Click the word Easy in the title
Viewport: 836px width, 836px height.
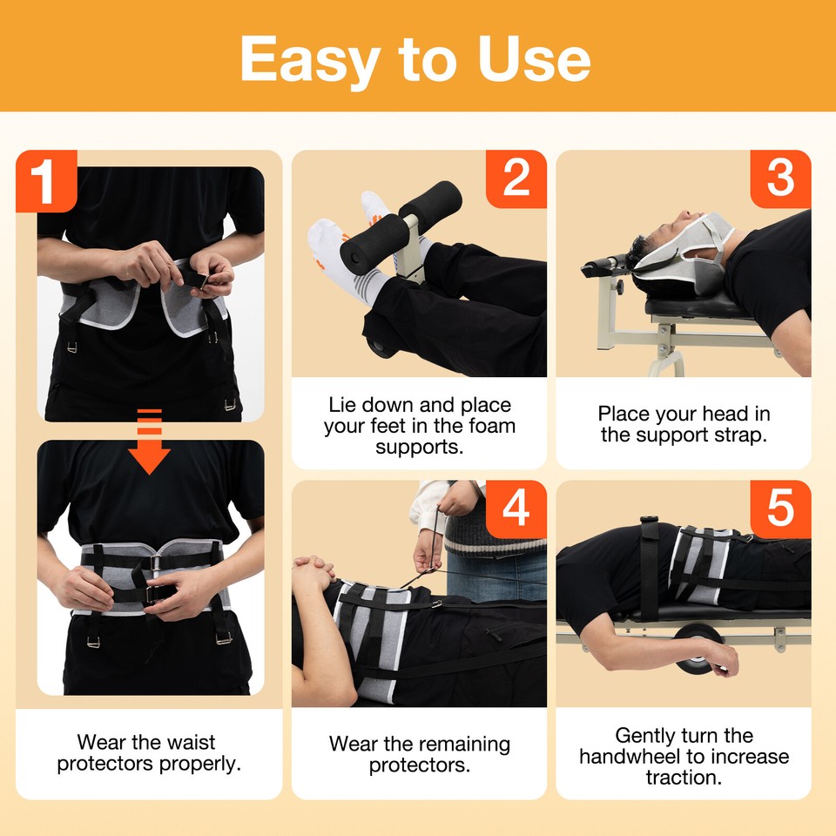[312, 59]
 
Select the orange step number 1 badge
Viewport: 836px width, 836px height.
[46, 180]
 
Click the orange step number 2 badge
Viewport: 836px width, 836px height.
[516, 179]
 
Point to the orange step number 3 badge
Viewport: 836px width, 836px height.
[780, 179]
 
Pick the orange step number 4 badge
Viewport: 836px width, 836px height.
[516, 509]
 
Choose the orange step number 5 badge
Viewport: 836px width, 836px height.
[780, 509]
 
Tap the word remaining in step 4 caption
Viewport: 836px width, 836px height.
[466, 745]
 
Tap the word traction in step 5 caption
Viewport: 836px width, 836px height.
[684, 777]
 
